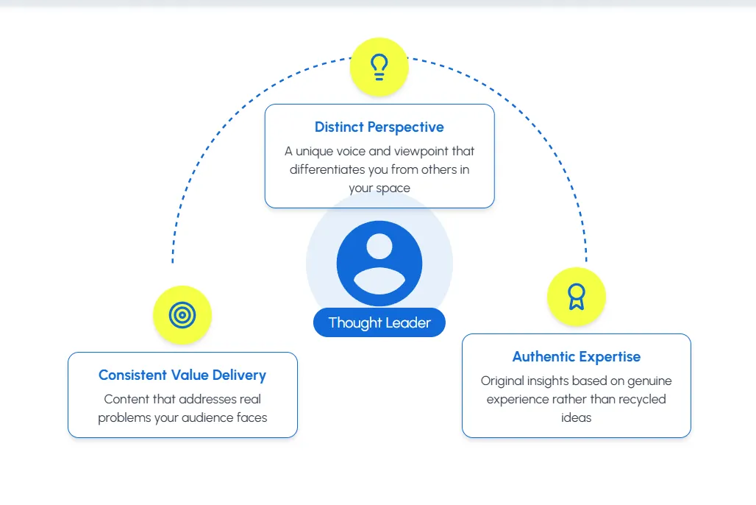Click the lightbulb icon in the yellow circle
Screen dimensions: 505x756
[x=379, y=67]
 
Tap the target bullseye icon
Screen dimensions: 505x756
[x=182, y=315]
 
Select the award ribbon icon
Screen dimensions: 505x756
[x=577, y=297]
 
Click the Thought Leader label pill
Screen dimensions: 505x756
[x=379, y=322]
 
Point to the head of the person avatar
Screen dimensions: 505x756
[x=379, y=246]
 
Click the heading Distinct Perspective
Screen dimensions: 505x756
[x=379, y=127]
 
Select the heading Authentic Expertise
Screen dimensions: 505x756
[x=577, y=357]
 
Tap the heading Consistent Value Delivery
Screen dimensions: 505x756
[x=182, y=375]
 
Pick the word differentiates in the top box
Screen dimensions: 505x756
[x=329, y=169]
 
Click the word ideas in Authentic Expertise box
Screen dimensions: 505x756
[x=577, y=417]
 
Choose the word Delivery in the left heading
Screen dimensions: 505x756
[x=239, y=375]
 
